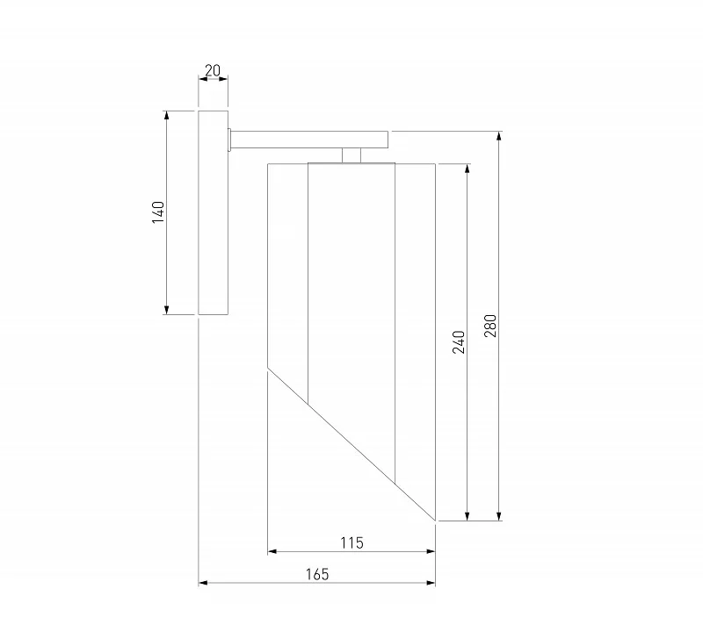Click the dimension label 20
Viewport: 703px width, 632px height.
[213, 70]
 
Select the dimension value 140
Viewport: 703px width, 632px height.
[158, 212]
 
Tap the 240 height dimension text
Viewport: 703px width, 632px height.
[459, 342]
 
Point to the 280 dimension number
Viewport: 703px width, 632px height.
[490, 326]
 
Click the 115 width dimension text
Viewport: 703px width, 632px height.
[352, 542]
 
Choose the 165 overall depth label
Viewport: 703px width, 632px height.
[317, 574]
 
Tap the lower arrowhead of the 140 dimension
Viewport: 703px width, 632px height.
[167, 310]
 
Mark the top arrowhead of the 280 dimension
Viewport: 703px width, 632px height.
[499, 136]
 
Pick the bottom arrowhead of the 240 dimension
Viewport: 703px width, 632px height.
[467, 516]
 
